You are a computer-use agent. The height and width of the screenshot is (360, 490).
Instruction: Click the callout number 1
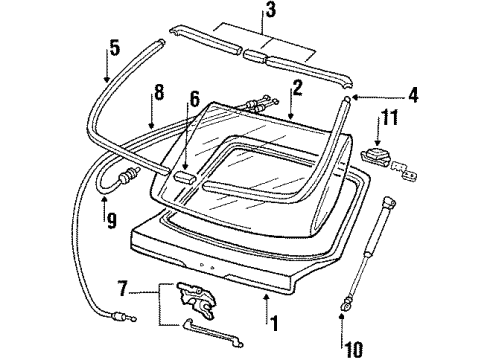(x=274, y=323)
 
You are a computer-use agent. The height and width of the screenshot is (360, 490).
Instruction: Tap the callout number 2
(x=296, y=88)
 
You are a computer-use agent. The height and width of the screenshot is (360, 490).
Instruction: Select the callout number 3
(x=271, y=9)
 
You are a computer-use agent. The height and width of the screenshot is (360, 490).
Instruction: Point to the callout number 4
(x=413, y=95)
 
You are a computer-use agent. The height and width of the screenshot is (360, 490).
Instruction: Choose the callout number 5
(x=114, y=48)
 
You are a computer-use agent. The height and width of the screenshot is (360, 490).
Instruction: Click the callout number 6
(x=194, y=99)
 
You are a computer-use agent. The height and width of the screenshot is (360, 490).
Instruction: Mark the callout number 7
(x=122, y=289)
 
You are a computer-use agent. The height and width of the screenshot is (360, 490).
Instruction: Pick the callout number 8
(x=159, y=92)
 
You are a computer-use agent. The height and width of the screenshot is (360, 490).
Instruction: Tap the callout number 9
(x=111, y=220)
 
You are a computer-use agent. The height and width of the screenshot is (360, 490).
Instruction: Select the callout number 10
(x=352, y=349)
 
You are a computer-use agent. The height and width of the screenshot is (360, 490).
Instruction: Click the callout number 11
(x=389, y=117)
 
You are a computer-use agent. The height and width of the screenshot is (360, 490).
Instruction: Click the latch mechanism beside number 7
(x=197, y=299)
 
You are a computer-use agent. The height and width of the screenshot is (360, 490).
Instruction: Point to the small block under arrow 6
(x=184, y=177)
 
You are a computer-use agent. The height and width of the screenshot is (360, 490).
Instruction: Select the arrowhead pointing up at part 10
(x=342, y=316)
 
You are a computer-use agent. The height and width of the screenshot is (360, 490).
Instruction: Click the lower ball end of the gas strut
(x=345, y=305)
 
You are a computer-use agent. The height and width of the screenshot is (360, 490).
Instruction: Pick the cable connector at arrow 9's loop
(x=129, y=176)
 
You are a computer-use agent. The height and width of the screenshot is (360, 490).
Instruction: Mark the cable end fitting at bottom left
(x=123, y=317)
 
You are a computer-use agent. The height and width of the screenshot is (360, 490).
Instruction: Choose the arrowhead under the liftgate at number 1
(x=266, y=297)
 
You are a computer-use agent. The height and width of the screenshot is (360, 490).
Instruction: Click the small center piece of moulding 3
(x=255, y=56)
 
